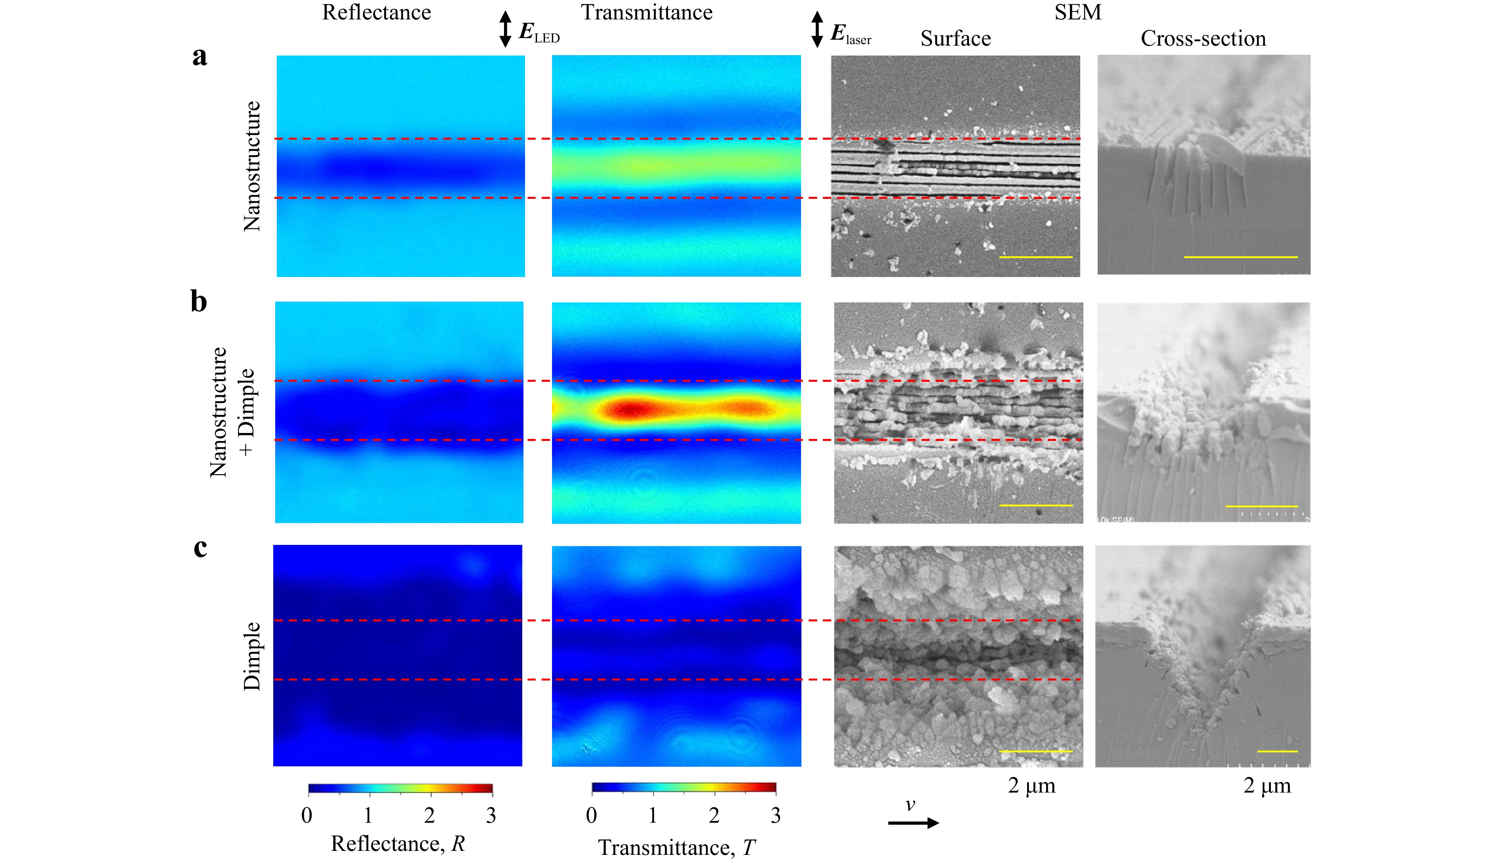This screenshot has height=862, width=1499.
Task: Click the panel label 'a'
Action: (200, 58)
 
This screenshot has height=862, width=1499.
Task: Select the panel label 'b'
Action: (199, 302)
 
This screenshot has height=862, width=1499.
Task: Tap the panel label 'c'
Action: (201, 548)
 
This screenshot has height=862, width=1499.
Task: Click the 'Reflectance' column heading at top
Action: (376, 13)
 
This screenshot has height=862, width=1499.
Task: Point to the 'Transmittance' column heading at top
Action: (646, 13)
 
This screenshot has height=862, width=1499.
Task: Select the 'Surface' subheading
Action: (955, 39)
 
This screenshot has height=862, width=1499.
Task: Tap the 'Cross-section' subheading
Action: (1203, 39)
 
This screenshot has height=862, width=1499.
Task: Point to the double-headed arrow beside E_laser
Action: (817, 29)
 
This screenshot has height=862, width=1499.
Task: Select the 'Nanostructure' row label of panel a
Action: (252, 166)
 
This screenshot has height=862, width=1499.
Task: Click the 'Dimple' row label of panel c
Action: (252, 656)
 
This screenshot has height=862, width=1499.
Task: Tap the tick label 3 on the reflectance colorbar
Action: (491, 816)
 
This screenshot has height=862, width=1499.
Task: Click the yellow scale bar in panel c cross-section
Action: (1277, 751)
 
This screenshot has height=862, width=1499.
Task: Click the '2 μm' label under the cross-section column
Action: (1267, 786)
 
